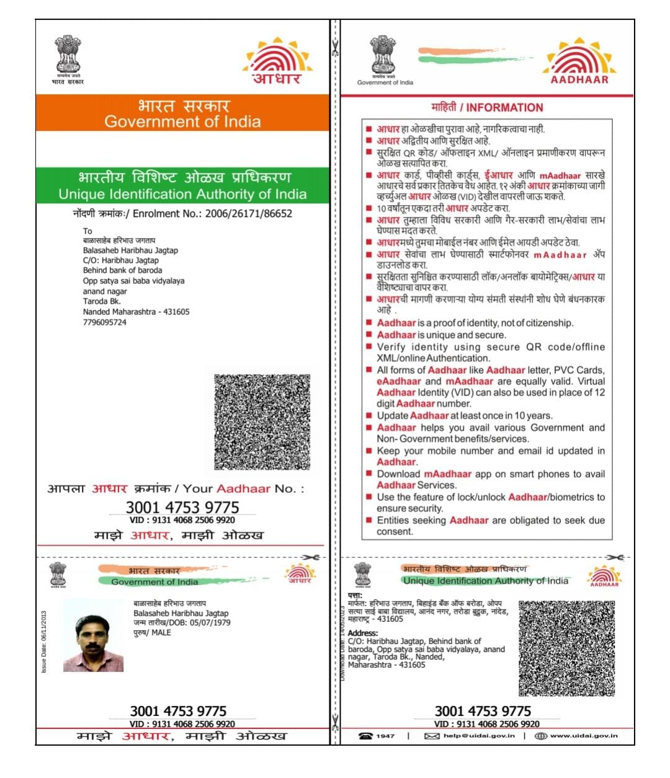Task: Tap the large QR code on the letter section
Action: click(x=262, y=422)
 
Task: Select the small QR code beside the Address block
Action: click(x=566, y=648)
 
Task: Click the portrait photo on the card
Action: click(x=94, y=635)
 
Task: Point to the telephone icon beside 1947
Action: click(x=365, y=736)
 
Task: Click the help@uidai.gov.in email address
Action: click(x=479, y=736)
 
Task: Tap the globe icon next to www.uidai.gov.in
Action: click(x=540, y=736)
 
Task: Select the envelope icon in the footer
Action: click(x=432, y=736)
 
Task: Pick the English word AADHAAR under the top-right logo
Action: click(x=579, y=79)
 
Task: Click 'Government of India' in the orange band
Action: click(x=182, y=122)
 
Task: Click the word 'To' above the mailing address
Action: click(x=87, y=231)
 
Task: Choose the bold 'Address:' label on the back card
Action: click(x=363, y=633)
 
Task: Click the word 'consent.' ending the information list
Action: click(x=395, y=531)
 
